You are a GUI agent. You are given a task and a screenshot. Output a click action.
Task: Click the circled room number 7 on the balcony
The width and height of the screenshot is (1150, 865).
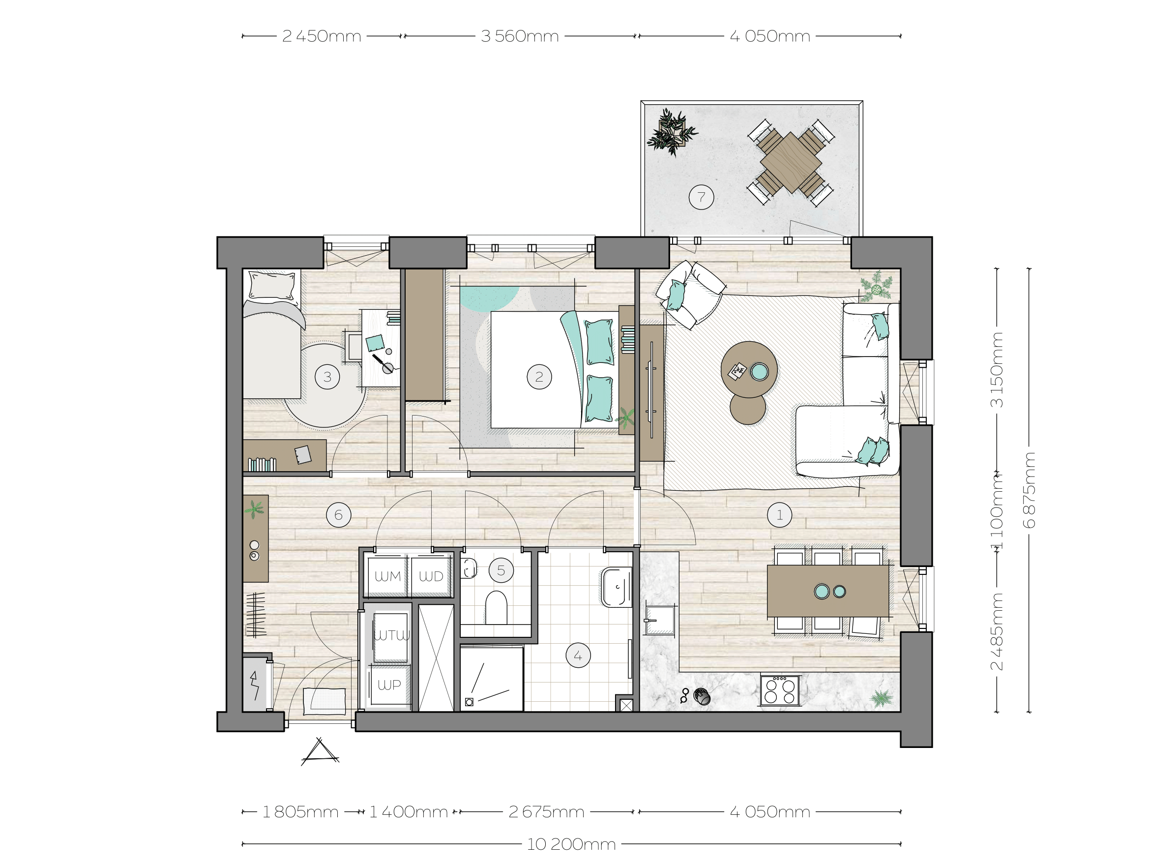[701, 197]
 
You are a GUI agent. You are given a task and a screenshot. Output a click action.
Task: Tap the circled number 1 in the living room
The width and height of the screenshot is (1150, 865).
[779, 515]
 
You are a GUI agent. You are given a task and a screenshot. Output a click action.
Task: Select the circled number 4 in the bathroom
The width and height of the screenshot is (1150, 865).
[578, 656]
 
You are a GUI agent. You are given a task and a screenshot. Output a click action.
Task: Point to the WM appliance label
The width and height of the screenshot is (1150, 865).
[388, 576]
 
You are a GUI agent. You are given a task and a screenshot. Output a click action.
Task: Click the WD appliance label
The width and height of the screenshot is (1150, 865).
[431, 576]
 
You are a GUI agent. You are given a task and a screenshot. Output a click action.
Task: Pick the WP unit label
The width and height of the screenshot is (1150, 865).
[389, 685]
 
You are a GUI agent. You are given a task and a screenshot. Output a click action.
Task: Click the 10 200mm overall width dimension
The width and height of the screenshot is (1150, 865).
[571, 844]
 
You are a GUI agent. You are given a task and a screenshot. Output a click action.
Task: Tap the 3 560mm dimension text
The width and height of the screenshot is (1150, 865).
[520, 36]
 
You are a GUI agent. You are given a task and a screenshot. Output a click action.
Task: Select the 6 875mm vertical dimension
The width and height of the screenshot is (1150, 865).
[1029, 490]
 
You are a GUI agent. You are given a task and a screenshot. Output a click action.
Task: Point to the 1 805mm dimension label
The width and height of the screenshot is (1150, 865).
[300, 812]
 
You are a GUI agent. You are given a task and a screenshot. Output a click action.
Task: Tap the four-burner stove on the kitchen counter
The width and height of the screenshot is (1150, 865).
[780, 690]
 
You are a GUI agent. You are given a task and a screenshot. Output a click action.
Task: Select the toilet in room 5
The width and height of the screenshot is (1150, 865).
[496, 607]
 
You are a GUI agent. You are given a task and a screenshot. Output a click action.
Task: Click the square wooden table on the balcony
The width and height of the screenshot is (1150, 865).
[790, 163]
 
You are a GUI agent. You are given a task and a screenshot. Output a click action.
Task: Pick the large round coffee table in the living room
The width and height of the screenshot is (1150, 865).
[749, 369]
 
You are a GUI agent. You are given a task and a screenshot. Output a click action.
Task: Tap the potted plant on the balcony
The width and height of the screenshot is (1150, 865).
[672, 132]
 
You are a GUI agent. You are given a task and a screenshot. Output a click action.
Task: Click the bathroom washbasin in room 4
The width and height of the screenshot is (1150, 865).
[617, 587]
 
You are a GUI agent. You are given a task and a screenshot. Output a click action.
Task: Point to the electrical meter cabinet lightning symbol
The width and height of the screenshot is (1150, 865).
[254, 685]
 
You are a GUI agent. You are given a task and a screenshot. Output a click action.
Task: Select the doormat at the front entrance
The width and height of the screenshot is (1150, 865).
[324, 702]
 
